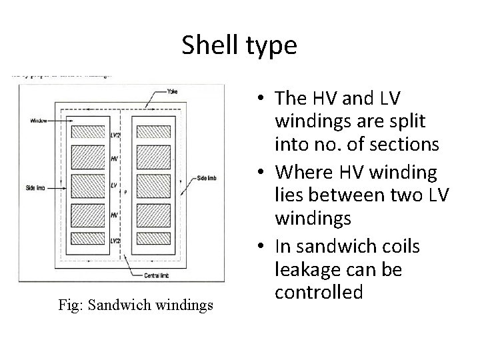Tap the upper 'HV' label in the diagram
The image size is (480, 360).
(x=113, y=158)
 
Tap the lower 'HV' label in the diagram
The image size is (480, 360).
(x=113, y=215)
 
